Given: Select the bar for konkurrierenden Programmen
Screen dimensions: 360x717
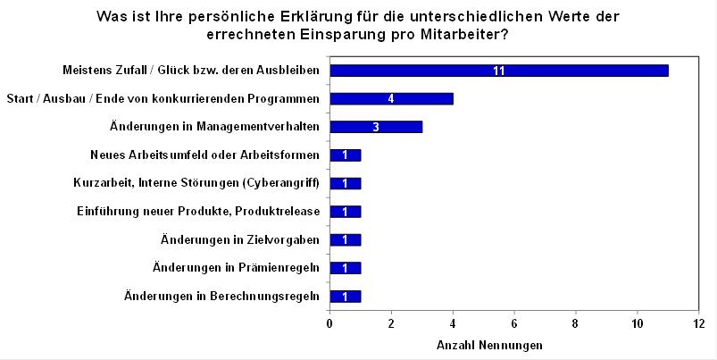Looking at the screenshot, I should pos(391,98).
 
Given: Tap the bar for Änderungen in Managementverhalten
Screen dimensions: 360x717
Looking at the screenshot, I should pos(375,127).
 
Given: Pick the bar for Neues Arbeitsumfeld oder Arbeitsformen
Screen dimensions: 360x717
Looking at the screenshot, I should pos(345,155).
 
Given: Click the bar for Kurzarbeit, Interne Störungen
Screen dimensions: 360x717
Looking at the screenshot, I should pos(345,183).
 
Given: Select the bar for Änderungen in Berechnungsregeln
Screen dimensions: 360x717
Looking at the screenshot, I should pos(345,297).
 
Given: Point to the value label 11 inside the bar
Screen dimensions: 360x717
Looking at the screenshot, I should pos(499,71).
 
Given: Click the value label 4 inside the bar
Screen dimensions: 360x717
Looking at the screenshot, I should pos(391,98).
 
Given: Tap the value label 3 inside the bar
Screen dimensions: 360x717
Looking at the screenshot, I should pos(376,127).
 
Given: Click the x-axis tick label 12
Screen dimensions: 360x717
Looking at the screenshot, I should pos(699,322).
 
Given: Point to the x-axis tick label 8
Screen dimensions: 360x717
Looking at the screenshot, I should pos(576,322).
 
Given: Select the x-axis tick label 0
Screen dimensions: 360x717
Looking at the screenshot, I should pos(330,322).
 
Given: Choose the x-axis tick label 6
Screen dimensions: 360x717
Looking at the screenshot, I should pos(514,322).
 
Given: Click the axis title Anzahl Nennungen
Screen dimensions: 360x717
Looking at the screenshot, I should pos(488,345).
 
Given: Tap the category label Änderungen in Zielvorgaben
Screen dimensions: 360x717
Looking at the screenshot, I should pos(240,240).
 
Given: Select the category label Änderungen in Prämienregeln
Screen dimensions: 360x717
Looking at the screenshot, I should pos(236,268).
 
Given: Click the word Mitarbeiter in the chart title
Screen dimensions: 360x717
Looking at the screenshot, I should pos(469,35).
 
